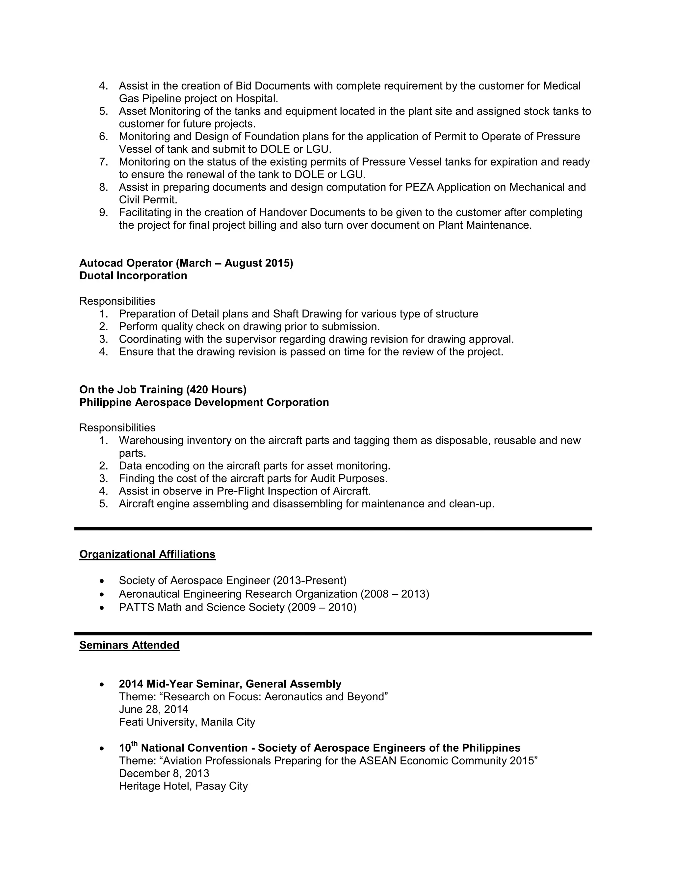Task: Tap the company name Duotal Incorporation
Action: [133, 275]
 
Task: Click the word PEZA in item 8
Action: [419, 187]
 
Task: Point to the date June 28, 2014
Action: [153, 709]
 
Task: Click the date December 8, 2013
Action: [164, 773]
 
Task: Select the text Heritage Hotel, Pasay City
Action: [183, 786]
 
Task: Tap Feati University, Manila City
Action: [187, 722]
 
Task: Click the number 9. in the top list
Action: [103, 213]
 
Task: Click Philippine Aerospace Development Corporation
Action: [204, 402]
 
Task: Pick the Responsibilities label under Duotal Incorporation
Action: [117, 301]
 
